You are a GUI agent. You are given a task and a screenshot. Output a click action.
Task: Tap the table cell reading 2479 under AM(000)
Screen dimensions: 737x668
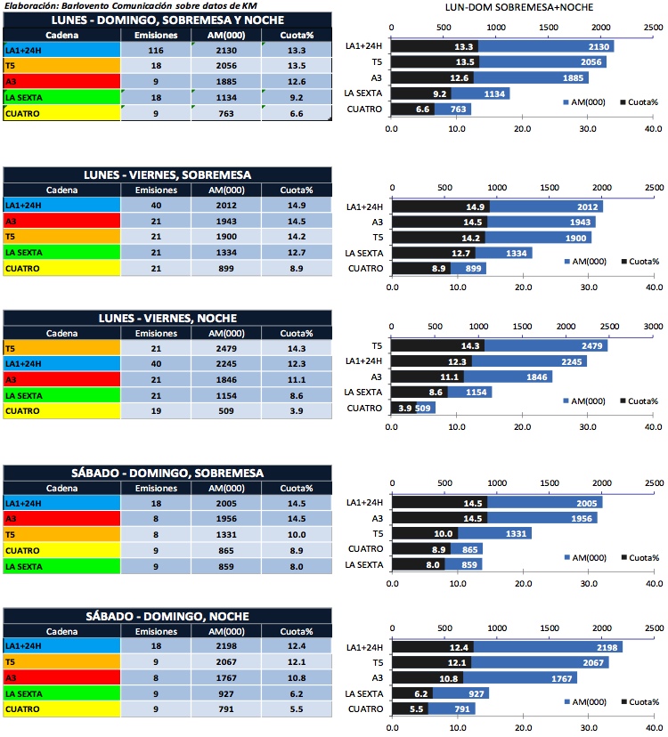(x=227, y=349)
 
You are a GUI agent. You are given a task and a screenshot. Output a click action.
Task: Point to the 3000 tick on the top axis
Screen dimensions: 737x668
(x=653, y=327)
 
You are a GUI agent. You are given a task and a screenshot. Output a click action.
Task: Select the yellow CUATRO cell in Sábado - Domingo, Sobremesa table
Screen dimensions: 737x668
(x=61, y=550)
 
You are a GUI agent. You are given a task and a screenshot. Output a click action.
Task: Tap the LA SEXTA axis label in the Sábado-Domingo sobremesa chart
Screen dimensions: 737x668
(x=363, y=565)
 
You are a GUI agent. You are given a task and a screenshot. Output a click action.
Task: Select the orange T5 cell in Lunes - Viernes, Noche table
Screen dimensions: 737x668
(x=61, y=349)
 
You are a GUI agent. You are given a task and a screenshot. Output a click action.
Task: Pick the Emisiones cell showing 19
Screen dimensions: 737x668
(x=156, y=411)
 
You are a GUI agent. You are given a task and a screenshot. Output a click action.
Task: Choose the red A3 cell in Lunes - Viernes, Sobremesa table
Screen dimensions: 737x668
(x=61, y=221)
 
